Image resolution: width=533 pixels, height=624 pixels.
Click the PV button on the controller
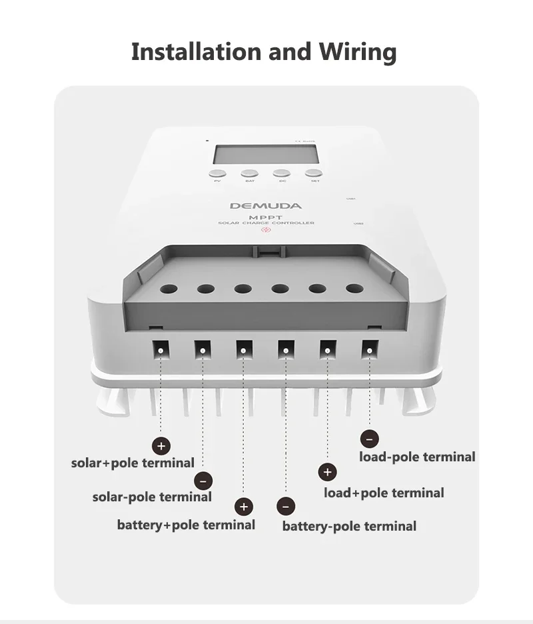(x=217, y=173)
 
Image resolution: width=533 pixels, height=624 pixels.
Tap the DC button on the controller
(x=282, y=173)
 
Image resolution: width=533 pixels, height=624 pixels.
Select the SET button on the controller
(x=314, y=173)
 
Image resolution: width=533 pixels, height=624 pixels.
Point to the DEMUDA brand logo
(x=265, y=206)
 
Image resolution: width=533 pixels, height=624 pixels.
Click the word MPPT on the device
(x=266, y=217)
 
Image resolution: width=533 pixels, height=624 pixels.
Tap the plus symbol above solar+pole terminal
(x=161, y=446)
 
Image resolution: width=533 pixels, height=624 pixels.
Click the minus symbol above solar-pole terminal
(x=203, y=480)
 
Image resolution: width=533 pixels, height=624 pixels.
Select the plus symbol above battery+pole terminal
(x=245, y=507)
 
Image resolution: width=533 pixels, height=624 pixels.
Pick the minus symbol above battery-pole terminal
(x=286, y=507)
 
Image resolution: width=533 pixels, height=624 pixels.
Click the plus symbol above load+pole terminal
(x=326, y=473)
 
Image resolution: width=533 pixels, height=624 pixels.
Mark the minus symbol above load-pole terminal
(x=369, y=439)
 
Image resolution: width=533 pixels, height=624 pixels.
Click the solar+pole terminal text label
(x=133, y=463)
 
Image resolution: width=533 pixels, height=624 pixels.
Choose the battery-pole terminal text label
(x=349, y=526)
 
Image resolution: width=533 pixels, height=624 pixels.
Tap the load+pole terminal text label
(x=384, y=493)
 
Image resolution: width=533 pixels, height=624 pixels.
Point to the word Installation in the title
(x=196, y=51)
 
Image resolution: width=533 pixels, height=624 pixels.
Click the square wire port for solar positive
(x=161, y=349)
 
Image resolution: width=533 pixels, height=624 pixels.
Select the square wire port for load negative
(x=369, y=349)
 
